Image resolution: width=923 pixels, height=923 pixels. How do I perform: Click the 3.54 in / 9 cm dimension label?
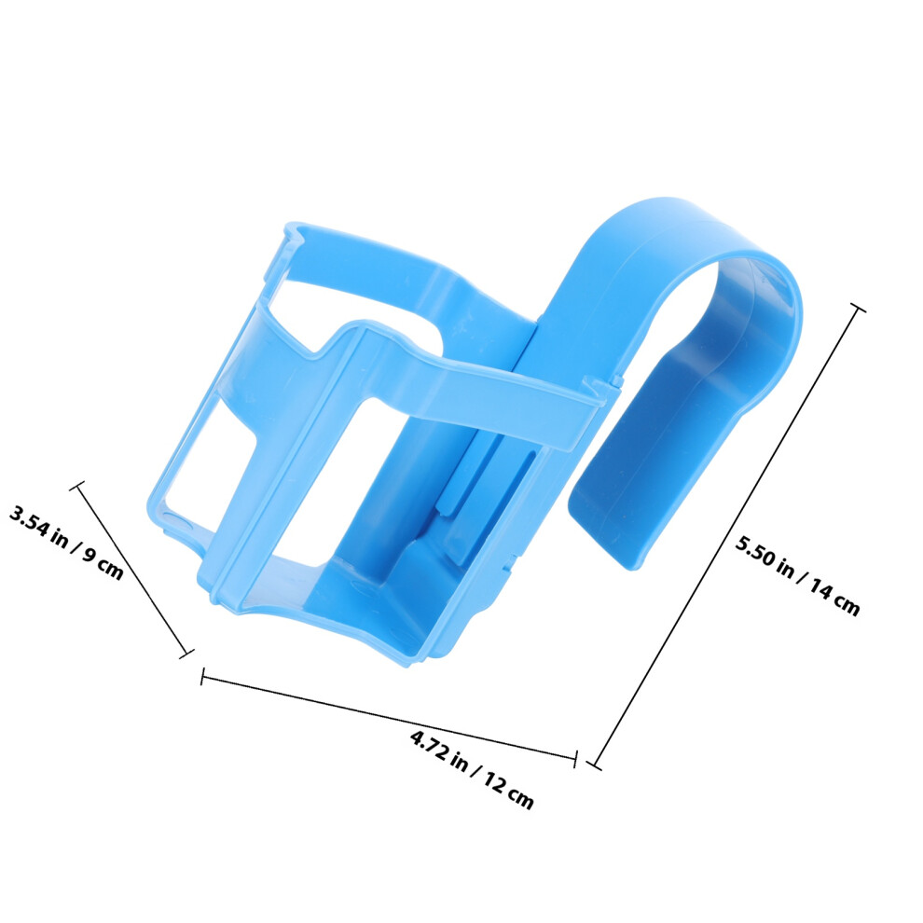click(66, 542)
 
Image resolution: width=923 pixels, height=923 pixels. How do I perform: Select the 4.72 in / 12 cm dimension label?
click(472, 769)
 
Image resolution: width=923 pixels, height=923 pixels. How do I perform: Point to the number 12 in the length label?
click(496, 784)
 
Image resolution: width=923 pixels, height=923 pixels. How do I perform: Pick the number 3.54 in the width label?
click(28, 521)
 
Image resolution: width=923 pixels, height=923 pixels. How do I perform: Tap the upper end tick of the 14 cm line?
click(858, 308)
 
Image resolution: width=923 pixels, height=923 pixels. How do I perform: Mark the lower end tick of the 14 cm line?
click(595, 765)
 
